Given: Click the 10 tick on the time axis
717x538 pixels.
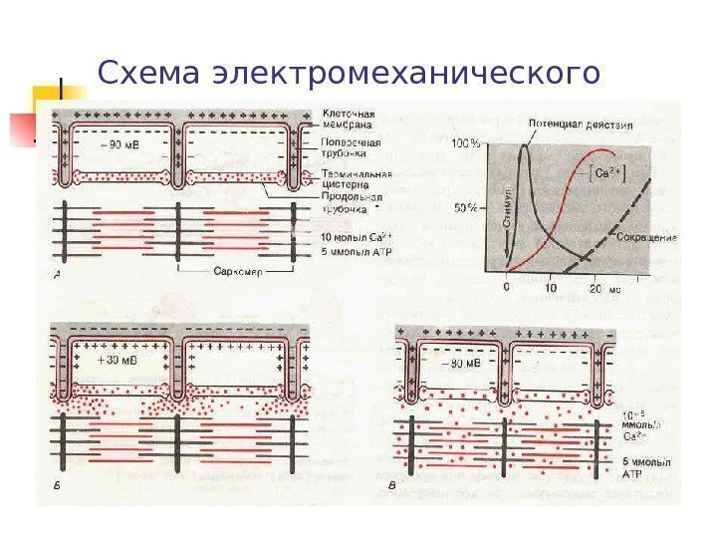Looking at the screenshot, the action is pos(552,288).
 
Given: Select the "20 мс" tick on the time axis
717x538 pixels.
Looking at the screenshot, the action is pos(605,288).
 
